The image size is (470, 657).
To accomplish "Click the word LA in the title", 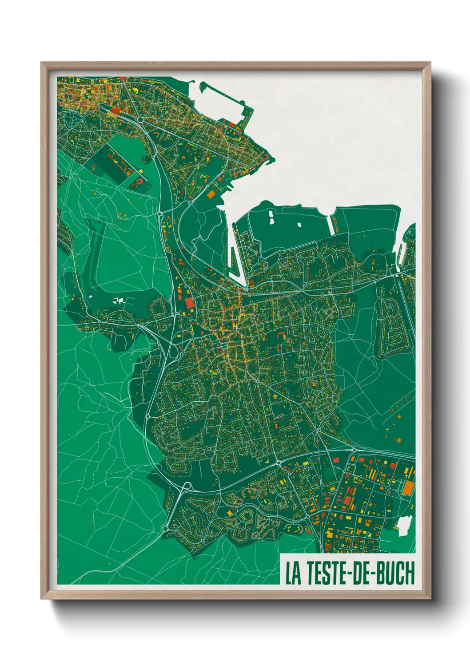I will tap(293, 573).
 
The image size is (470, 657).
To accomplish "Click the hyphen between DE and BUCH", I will tap(374, 574).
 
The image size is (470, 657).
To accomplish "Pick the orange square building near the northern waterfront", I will tap(211, 194).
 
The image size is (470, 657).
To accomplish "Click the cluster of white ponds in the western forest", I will tap(119, 300).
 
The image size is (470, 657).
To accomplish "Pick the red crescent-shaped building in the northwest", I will tap(139, 182).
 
